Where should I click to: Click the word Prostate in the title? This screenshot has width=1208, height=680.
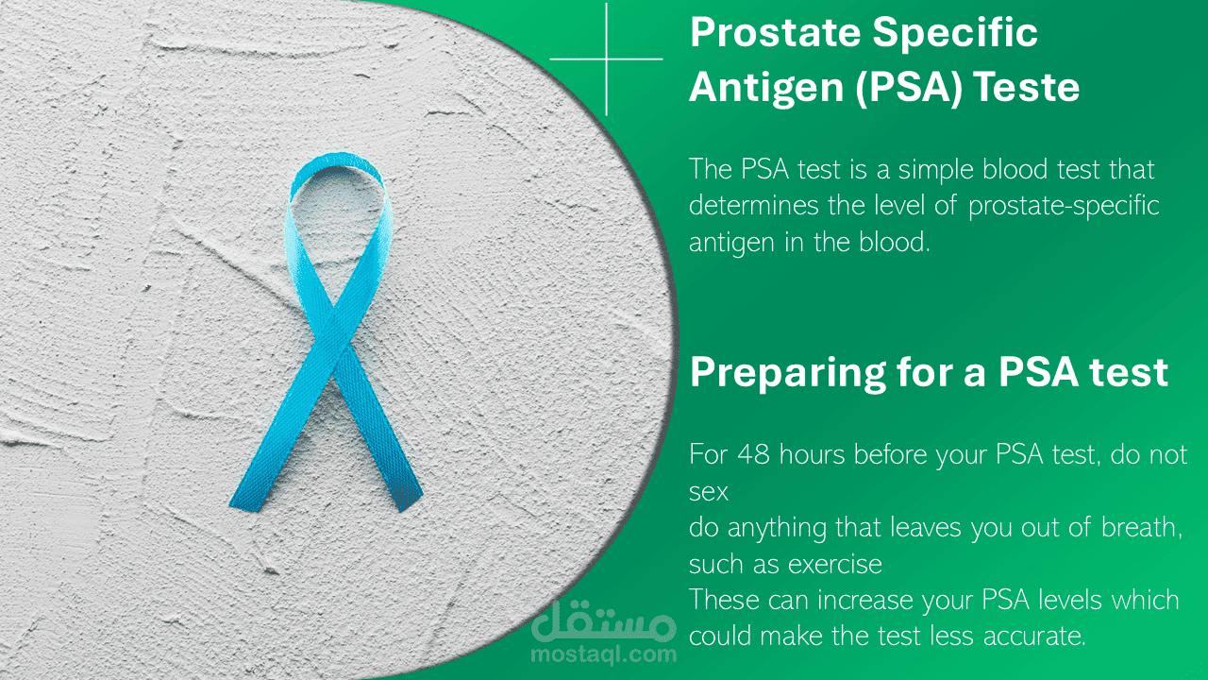(x=776, y=33)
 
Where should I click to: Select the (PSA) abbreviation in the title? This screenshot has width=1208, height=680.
(x=909, y=88)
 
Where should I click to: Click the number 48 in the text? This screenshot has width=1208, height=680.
(x=753, y=454)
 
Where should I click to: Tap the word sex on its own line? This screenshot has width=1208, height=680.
(x=709, y=493)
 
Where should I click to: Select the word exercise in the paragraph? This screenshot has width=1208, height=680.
(x=835, y=565)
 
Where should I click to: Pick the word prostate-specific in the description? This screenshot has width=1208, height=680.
(x=1064, y=206)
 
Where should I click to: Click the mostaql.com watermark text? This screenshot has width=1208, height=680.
(x=603, y=654)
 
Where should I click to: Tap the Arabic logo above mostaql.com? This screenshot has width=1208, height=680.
(x=603, y=621)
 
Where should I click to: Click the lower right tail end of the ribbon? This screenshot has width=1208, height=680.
(x=410, y=502)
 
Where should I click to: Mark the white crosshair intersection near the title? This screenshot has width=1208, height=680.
(x=607, y=59)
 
